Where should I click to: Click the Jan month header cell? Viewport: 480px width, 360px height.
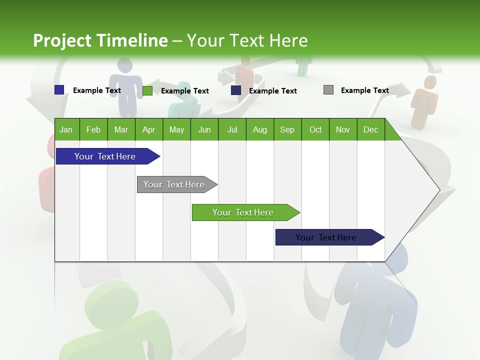coord(66,129)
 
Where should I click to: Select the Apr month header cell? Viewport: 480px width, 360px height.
coord(149,129)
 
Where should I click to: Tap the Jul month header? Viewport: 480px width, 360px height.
coord(232,129)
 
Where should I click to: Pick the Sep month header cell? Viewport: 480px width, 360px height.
coord(287,129)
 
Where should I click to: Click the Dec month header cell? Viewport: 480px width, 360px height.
coord(370,129)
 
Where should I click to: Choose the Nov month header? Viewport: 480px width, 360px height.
coord(343,129)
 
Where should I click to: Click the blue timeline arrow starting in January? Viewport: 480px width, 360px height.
coord(105,156)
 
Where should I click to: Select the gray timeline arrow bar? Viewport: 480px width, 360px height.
coord(174,184)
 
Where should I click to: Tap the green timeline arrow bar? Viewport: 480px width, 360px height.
coord(243,212)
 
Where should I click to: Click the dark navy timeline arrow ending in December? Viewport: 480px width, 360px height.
coord(326,237)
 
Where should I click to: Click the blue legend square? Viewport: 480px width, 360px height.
coord(59,90)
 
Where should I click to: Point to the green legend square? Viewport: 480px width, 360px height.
coord(147,90)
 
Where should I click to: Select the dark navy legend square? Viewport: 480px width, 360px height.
coord(236,90)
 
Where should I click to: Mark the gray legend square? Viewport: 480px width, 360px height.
coord(328,90)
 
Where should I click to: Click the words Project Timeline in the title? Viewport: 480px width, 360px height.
coord(100,40)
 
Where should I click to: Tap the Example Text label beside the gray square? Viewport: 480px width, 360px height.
coord(365,90)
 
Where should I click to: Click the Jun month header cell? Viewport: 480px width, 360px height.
coord(204,129)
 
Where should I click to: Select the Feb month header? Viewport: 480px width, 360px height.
coord(93,129)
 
